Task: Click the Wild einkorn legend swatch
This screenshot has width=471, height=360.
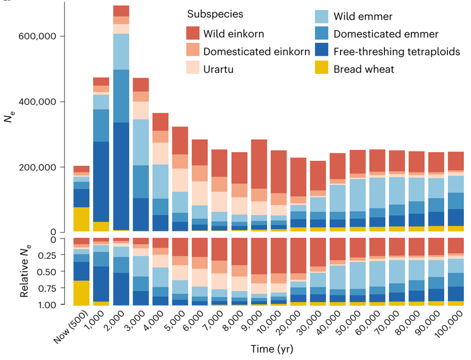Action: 193,34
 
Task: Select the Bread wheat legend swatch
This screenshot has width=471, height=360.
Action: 323,69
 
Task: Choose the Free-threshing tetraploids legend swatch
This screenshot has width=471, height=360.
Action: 323,51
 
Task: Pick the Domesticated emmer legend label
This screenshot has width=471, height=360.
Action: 386,34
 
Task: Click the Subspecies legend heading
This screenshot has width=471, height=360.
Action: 215,14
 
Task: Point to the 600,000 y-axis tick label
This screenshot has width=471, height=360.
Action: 38,36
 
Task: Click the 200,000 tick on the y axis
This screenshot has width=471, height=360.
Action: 38,167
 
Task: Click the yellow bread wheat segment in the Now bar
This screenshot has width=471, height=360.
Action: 81,219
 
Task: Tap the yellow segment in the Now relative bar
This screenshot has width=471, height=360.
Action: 81,293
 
